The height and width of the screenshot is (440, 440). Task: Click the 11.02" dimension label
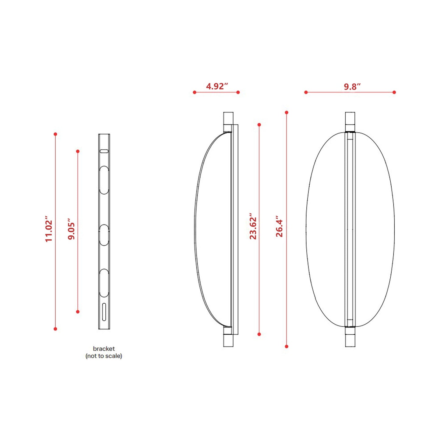tap(49, 231)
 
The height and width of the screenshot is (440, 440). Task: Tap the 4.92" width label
tap(217, 86)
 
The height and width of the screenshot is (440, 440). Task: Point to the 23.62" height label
tap(253, 228)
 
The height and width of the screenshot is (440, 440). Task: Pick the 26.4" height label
tap(279, 227)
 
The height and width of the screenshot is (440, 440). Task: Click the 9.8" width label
tap(352, 86)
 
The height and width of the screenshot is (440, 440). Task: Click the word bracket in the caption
tap(104, 349)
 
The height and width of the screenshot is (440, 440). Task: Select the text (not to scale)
tap(104, 356)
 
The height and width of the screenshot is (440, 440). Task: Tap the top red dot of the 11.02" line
tap(55, 134)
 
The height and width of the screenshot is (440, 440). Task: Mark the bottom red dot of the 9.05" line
tap(78, 312)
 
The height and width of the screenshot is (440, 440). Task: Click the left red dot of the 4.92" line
tap(195, 92)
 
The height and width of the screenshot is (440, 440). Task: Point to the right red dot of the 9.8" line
tap(394, 92)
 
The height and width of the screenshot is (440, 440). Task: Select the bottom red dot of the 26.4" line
tap(287, 347)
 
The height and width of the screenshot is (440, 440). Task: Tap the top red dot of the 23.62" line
tap(259, 125)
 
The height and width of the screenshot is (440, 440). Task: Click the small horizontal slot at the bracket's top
tap(104, 151)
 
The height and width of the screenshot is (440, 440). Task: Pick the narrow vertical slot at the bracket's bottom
tap(104, 312)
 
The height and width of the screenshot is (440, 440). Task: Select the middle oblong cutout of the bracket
tap(104, 235)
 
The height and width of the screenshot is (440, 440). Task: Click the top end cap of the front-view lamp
tap(350, 121)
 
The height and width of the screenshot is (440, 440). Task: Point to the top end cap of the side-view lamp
tap(228, 121)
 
